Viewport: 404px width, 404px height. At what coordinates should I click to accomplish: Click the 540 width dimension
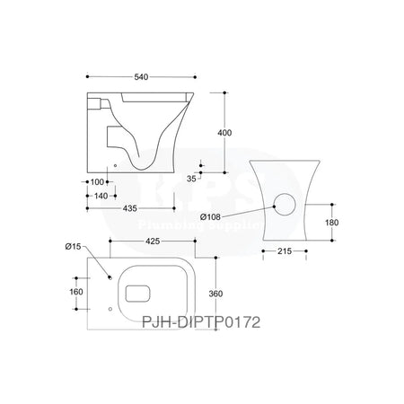coord(140,76)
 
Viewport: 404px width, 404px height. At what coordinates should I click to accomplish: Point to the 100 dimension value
coord(97,182)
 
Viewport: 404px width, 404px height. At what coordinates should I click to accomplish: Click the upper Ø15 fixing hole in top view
coord(109,277)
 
